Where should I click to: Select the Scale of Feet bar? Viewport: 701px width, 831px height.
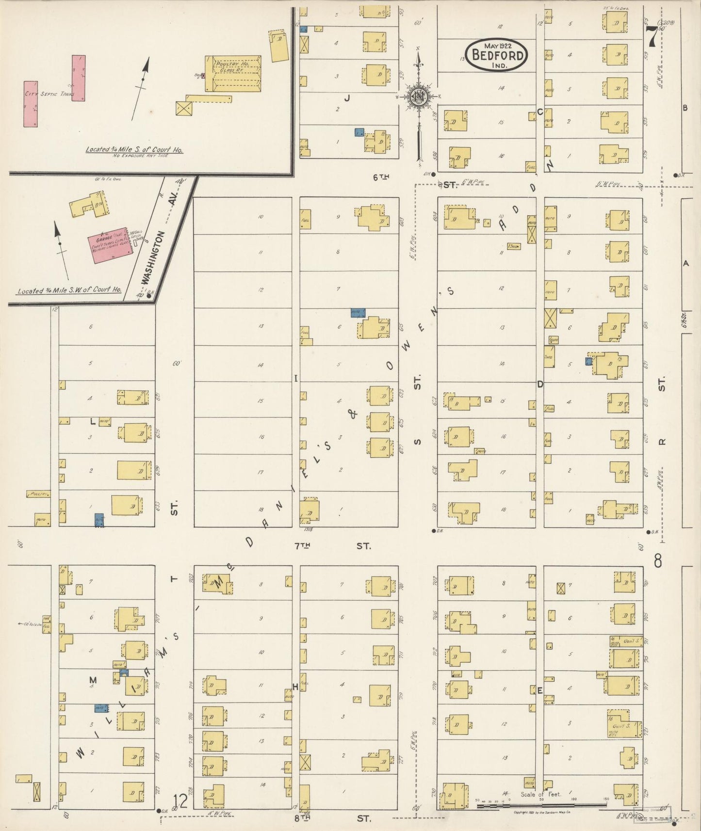541,805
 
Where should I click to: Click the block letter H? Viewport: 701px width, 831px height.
294,687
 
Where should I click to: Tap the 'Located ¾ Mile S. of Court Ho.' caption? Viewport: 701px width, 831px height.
134,150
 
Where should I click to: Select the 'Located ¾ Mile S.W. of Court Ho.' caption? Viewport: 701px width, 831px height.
69,291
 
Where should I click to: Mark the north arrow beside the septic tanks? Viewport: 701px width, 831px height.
142,87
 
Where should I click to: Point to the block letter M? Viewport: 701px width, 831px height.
93,681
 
